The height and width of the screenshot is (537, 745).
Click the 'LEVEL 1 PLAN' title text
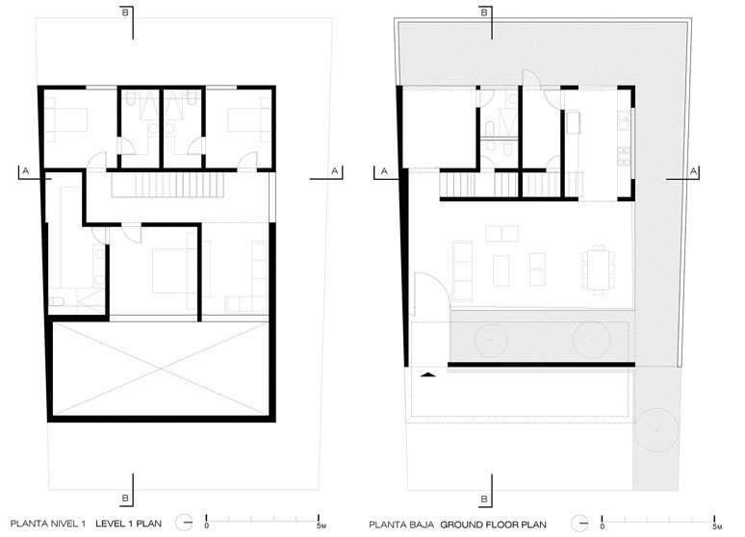(128, 524)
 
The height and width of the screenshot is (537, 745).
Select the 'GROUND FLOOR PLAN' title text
(493, 524)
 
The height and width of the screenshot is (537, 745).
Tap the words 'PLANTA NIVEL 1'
(48, 524)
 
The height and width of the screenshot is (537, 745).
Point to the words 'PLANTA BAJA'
(401, 524)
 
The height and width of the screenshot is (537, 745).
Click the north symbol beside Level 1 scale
(184, 523)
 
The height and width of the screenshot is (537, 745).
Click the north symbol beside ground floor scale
(579, 524)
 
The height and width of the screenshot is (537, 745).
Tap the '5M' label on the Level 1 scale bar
(321, 525)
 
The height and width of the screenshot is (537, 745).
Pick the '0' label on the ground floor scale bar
(603, 526)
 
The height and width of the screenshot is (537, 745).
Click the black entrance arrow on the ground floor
(428, 374)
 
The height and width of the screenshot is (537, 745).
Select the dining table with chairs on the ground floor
(598, 269)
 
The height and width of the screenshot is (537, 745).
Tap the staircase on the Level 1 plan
(167, 185)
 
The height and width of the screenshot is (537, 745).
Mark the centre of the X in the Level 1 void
(161, 369)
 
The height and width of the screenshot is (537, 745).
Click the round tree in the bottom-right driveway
(656, 429)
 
